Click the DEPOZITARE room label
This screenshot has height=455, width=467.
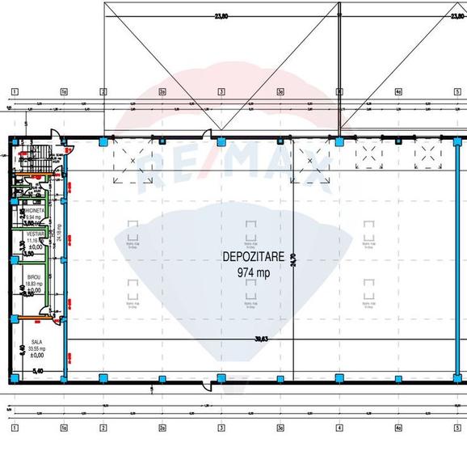coord(253,256)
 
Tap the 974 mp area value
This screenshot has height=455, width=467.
coord(253,272)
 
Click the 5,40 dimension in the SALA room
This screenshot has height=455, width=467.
coord(36,372)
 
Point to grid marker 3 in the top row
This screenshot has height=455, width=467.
coord(221,91)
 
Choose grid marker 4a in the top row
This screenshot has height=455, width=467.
coord(398,91)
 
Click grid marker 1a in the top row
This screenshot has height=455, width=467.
coord(63,91)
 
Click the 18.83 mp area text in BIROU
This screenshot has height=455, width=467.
coord(33,284)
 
